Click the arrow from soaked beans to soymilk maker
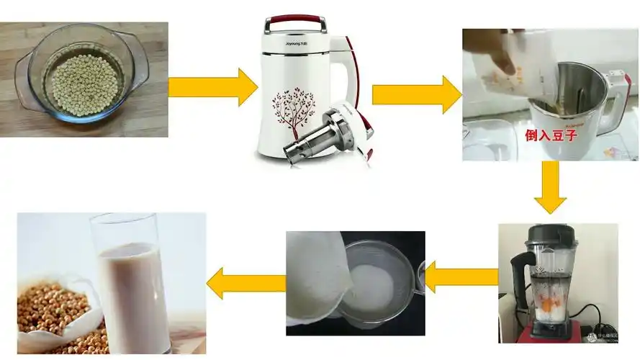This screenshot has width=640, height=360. pyautogui.click(x=213, y=87)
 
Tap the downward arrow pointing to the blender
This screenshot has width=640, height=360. pyautogui.click(x=550, y=186)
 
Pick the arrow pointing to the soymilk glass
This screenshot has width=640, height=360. pyautogui.click(x=245, y=283)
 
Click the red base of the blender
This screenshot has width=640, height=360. pyautogui.click(x=551, y=330)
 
